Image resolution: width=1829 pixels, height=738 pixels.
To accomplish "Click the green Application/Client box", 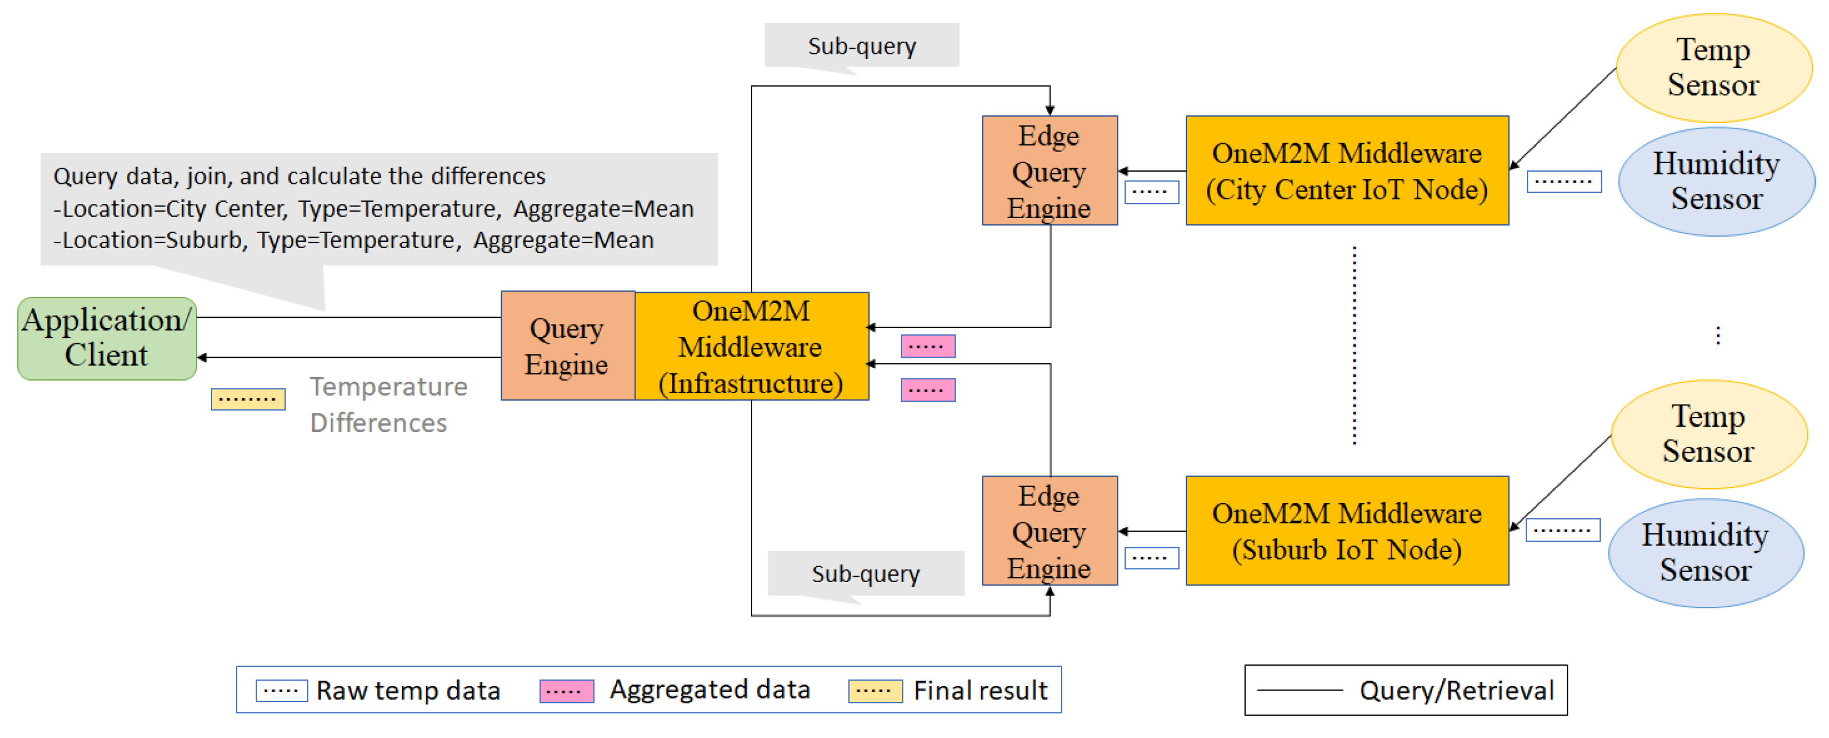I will (107, 338).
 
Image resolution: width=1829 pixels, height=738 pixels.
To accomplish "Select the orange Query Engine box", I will (567, 346).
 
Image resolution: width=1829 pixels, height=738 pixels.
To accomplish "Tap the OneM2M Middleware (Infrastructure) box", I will (750, 346).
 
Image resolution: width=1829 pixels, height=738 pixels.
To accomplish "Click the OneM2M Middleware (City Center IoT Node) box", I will (1346, 170).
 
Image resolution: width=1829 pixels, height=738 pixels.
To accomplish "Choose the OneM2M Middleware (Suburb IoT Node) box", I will (1346, 530).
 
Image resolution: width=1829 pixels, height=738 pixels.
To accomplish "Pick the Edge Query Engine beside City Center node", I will (1049, 170).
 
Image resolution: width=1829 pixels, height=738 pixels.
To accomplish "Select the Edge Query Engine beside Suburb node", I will (1049, 530).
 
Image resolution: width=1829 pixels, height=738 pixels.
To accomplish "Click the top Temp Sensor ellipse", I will (1713, 67).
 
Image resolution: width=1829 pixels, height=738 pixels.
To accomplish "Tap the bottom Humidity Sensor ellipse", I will (1705, 552).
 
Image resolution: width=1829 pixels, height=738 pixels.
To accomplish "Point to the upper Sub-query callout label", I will (861, 45).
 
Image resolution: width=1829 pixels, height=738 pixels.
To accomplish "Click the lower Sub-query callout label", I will (865, 573).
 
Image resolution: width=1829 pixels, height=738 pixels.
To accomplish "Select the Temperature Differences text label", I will (388, 404).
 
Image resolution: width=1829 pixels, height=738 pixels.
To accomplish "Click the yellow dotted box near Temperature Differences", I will (248, 399).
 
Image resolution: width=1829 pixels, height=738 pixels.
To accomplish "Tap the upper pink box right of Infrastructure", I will (928, 346).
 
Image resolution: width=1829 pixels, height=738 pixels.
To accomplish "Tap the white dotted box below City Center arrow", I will (1151, 192).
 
